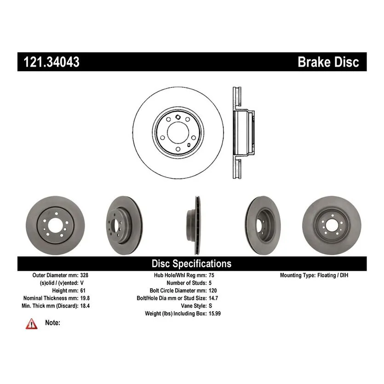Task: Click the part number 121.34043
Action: [49, 62]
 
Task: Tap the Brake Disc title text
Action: [328, 62]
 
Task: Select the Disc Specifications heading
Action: [191, 264]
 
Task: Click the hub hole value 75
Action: [211, 275]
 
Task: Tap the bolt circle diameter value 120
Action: [212, 291]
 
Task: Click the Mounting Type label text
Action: [298, 275]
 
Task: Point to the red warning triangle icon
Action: [32, 323]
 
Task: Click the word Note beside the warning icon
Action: [52, 323]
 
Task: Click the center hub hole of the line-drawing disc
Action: [177, 132]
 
